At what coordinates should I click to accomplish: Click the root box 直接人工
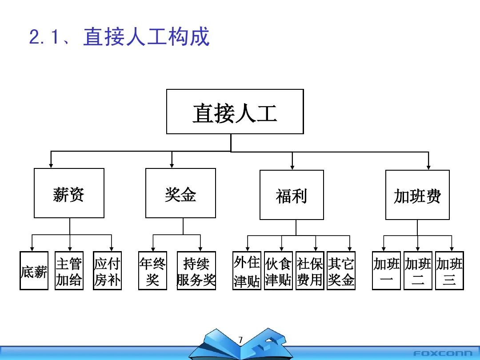235,112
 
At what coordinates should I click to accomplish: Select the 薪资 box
69,193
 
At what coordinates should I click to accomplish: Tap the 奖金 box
180,193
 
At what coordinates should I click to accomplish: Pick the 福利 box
292,195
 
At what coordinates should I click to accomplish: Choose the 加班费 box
417,195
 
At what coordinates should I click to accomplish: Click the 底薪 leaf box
34,271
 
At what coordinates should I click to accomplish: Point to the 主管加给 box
69,271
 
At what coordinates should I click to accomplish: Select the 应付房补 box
107,271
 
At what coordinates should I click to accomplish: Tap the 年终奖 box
152,271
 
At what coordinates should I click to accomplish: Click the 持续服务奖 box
196,271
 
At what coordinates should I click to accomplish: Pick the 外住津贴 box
247,271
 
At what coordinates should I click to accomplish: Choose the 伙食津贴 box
278,271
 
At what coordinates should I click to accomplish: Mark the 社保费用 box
310,271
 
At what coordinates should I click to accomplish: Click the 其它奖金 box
341,271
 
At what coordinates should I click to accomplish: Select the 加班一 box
386,271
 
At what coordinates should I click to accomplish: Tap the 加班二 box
418,271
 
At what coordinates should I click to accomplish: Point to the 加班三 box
449,271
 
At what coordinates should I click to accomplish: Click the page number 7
240,340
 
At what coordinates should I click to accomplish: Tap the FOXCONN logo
443,353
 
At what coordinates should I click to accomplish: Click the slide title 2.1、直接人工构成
119,37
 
